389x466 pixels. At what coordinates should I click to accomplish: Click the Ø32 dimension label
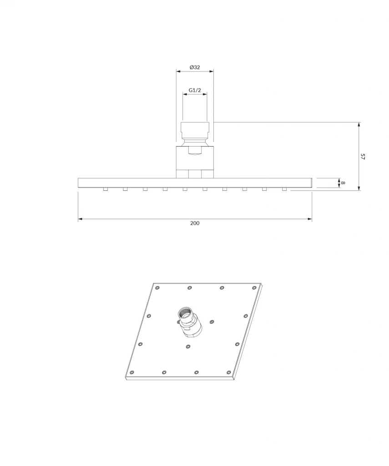click(195, 67)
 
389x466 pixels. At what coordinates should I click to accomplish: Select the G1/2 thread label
click(195, 90)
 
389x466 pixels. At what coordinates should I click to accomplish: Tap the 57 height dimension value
click(363, 157)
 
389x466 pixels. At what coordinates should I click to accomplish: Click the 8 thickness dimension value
click(344, 182)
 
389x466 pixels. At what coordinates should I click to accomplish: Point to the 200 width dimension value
click(195, 223)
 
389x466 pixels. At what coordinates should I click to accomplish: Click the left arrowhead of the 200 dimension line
click(80, 219)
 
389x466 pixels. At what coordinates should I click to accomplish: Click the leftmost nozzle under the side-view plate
click(105, 189)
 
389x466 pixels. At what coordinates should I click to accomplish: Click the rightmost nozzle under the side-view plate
click(284, 189)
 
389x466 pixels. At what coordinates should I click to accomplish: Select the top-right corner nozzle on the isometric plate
click(254, 287)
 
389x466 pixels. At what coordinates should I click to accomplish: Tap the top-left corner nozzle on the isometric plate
click(157, 288)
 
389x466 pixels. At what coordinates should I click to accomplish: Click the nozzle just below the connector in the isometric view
click(188, 347)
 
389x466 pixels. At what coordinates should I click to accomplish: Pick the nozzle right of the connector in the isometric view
click(212, 322)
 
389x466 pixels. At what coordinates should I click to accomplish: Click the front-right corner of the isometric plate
click(234, 379)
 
